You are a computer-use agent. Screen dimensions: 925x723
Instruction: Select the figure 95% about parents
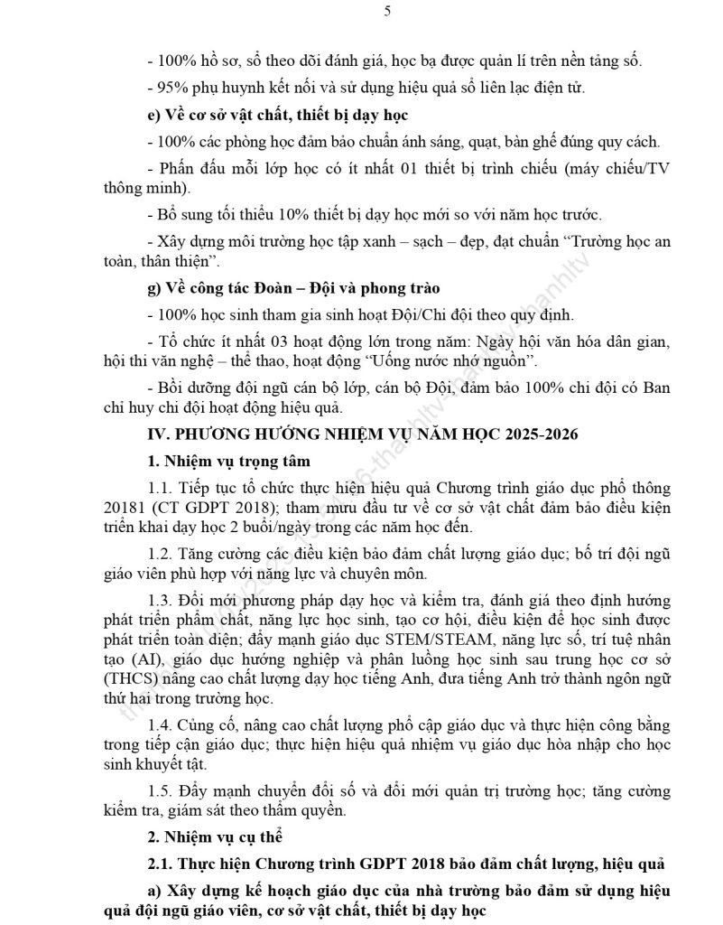click(172, 88)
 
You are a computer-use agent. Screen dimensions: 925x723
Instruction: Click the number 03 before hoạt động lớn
click(270, 342)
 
